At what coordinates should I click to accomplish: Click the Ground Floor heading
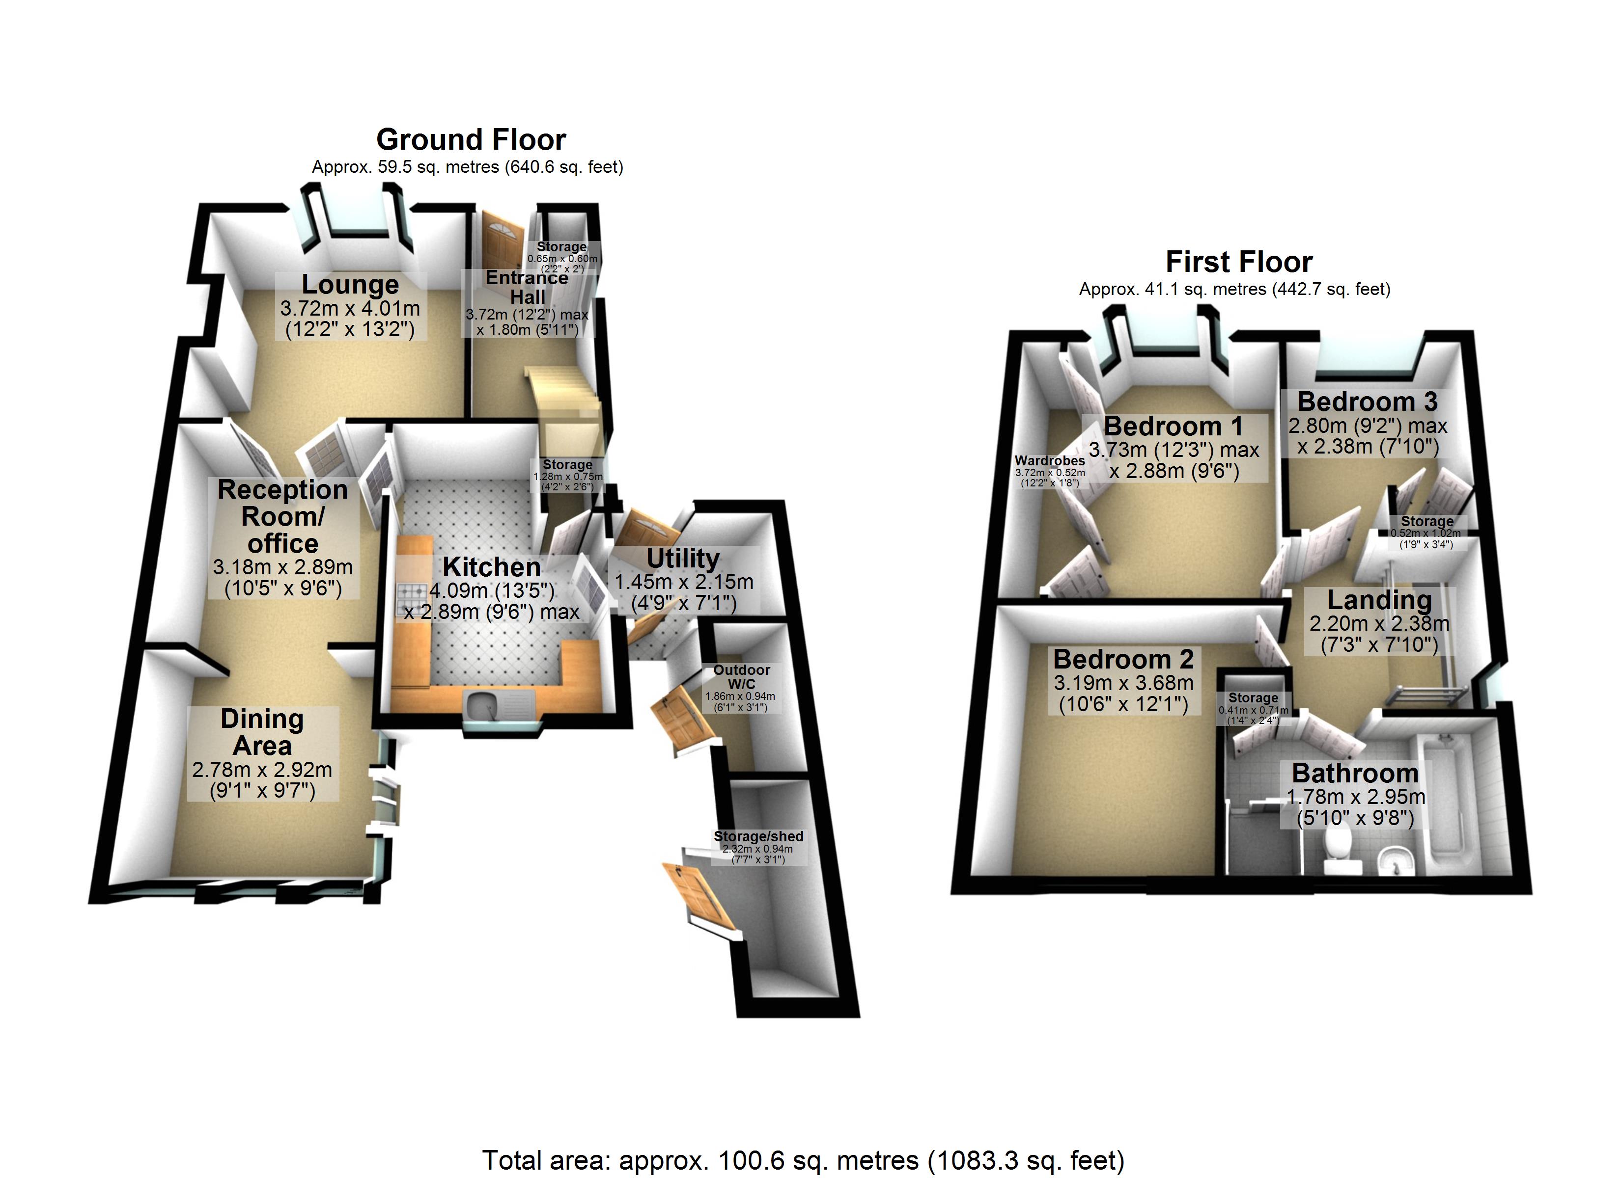pyautogui.click(x=471, y=140)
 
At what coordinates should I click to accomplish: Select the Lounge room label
pyautogui.click(x=350, y=284)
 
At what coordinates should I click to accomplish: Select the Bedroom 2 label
pyautogui.click(x=1123, y=659)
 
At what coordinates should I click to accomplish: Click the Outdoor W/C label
pyautogui.click(x=741, y=676)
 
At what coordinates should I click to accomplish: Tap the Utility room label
pyautogui.click(x=683, y=558)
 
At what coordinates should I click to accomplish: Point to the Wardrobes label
pyautogui.click(x=1049, y=461)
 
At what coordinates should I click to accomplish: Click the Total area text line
pyautogui.click(x=803, y=1160)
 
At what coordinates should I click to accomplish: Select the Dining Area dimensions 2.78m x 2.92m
pyautogui.click(x=262, y=770)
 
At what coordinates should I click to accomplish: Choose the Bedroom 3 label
pyautogui.click(x=1367, y=402)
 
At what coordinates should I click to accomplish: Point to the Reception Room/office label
pyautogui.click(x=282, y=516)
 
